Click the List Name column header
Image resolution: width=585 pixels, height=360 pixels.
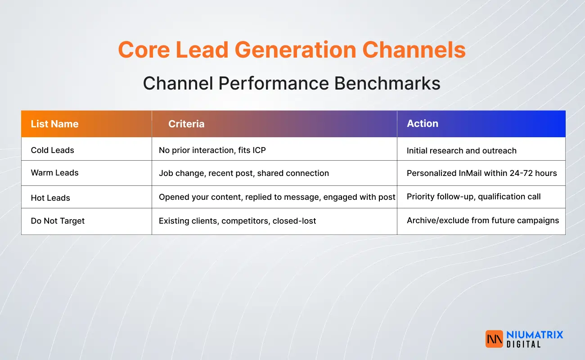(x=54, y=124)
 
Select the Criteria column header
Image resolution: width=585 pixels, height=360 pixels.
(x=186, y=124)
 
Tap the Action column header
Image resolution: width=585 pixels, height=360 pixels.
(x=422, y=123)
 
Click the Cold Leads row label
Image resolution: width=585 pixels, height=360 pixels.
(x=52, y=150)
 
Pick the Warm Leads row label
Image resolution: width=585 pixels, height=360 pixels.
(x=54, y=173)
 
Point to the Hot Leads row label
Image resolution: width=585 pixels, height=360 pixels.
(x=50, y=198)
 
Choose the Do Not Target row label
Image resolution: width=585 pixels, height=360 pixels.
(x=58, y=221)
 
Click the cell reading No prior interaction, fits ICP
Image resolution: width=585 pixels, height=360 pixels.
(x=212, y=150)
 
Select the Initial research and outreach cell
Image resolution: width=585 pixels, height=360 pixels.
(x=461, y=151)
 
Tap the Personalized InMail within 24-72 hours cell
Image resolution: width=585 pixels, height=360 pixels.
(x=481, y=173)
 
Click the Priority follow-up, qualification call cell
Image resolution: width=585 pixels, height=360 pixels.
(x=473, y=197)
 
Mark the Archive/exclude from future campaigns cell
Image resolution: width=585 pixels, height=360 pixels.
(x=482, y=220)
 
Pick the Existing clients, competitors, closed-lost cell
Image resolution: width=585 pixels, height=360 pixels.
(x=237, y=221)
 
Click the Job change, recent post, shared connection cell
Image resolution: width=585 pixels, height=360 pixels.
(x=243, y=173)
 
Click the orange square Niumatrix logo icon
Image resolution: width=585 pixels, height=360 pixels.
(x=494, y=339)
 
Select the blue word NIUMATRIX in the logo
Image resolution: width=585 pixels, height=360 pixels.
(x=534, y=335)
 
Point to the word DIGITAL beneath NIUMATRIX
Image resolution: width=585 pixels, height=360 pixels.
(x=523, y=344)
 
